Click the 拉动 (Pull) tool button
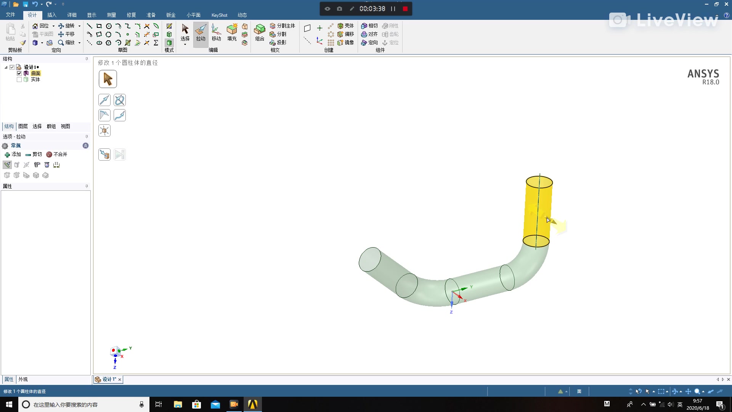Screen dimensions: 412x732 pos(201,32)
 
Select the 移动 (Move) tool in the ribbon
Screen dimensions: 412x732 pos(216,32)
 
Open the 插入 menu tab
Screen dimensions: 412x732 pos(52,15)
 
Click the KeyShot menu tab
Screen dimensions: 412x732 pos(219,15)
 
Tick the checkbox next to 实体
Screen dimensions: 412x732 pos(19,79)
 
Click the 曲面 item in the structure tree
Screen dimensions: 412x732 pos(35,73)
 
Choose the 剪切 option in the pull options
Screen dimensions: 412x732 pos(34,154)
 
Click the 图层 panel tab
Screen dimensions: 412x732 pos(23,126)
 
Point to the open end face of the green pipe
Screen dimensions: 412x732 pos(370,259)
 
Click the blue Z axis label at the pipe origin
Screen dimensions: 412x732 pos(451,312)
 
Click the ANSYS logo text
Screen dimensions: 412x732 pos(703,74)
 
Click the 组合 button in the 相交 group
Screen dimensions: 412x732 pos(260,32)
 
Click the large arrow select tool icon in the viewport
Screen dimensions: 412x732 pos(108,79)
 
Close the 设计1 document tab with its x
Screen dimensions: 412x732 pos(120,379)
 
